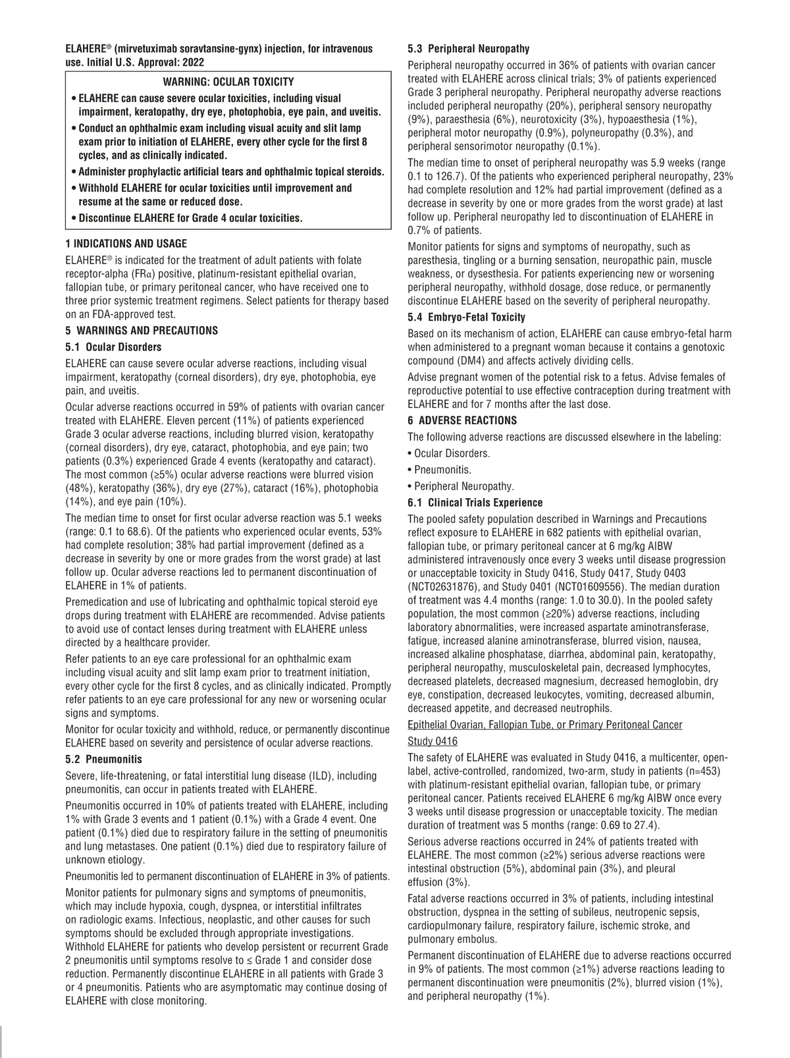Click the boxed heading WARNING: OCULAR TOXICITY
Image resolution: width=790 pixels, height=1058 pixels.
[x=228, y=82]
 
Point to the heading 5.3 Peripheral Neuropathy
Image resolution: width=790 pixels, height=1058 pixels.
[x=468, y=49]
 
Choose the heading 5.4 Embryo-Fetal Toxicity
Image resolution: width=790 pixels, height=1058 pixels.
[x=466, y=318]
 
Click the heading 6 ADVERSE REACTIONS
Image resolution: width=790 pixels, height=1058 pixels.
[x=462, y=420]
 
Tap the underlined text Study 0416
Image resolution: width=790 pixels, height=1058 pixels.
[x=433, y=741]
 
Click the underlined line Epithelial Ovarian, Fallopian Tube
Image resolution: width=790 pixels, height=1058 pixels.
[x=544, y=725]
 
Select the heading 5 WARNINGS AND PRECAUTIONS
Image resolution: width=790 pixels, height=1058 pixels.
[x=141, y=331]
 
